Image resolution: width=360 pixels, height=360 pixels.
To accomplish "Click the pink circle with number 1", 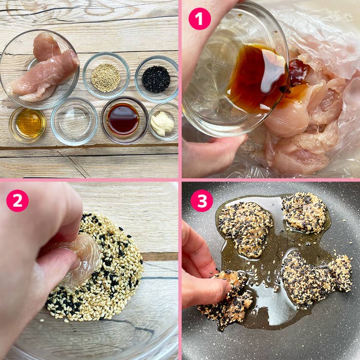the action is (x=200, y=19).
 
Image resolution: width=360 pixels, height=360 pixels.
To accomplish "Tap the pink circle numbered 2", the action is (x=17, y=201).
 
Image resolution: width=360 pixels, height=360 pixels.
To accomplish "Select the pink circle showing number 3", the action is (x=202, y=201).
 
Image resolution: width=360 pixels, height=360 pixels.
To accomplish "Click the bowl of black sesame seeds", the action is (x=156, y=79).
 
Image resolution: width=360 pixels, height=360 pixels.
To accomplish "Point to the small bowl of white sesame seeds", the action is (x=106, y=76).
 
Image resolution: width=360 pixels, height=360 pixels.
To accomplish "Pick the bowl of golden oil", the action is (x=28, y=125).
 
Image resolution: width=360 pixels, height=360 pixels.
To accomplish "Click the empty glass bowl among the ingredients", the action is (x=75, y=121).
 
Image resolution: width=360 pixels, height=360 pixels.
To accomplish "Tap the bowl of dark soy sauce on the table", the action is (x=124, y=120).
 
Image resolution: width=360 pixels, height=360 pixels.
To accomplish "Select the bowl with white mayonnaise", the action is (x=164, y=122).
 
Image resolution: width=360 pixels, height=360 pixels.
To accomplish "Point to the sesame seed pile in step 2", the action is (x=97, y=268).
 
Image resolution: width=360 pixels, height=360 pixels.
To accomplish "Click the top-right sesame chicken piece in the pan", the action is (x=304, y=212).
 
